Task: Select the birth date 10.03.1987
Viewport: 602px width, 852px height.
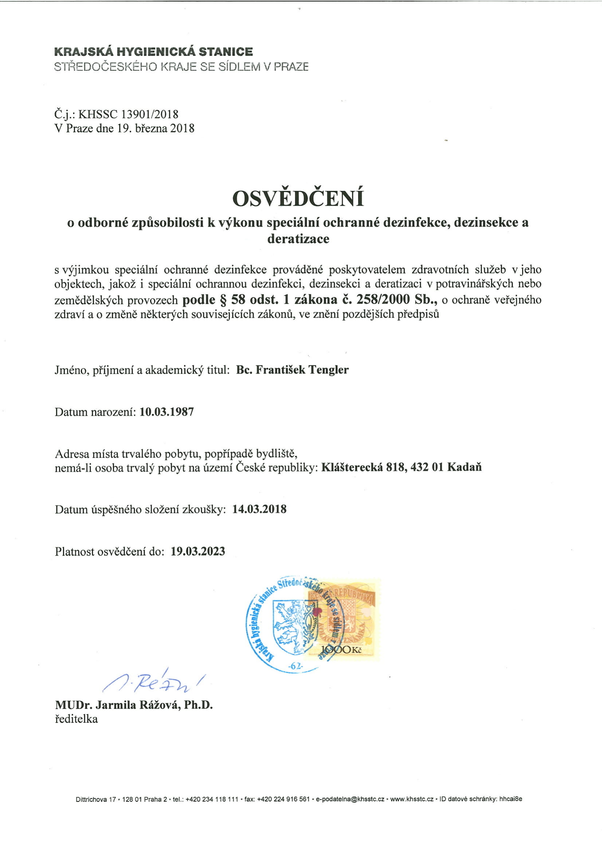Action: (166, 412)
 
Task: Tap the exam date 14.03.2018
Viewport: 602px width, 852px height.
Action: (259, 509)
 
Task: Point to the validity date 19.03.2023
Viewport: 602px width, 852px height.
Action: (198, 551)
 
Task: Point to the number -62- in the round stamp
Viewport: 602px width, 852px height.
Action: (296, 666)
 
